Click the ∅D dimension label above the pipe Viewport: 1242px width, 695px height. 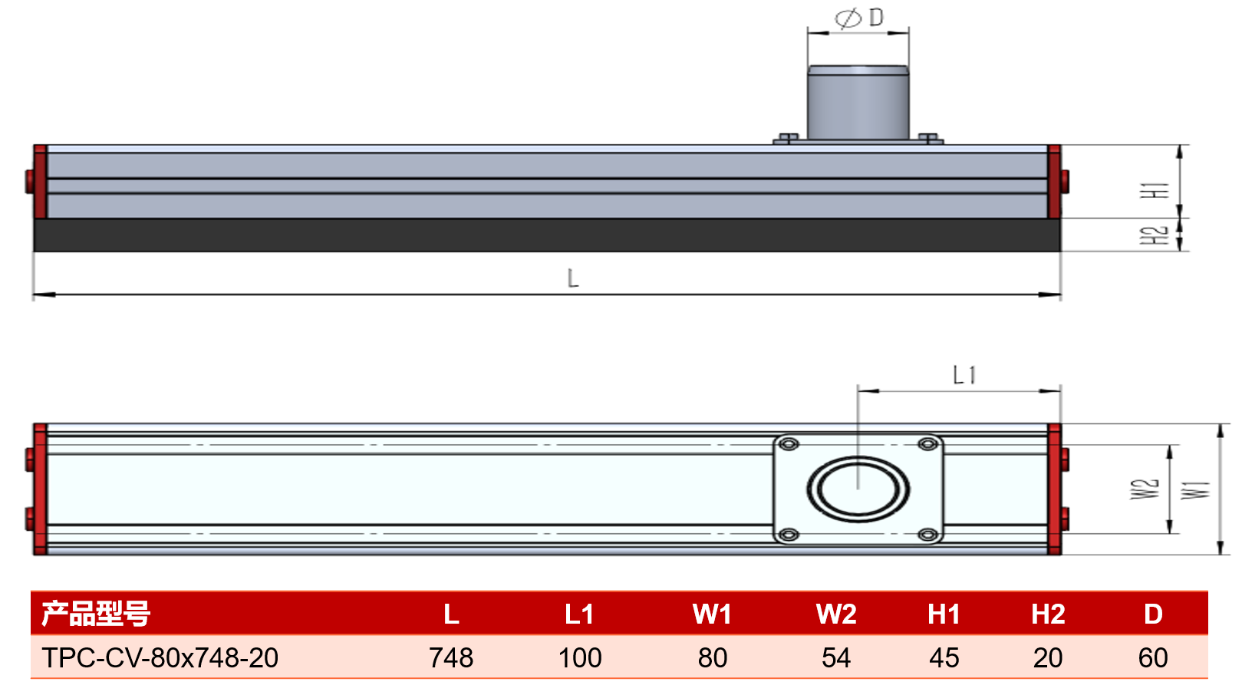[x=859, y=18]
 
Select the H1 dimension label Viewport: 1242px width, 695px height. [x=1155, y=190]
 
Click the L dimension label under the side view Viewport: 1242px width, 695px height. [x=573, y=278]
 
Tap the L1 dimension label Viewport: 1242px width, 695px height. [x=964, y=375]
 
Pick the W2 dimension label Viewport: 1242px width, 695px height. [x=1145, y=489]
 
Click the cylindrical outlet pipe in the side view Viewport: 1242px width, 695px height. [x=858, y=103]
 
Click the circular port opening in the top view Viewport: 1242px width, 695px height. [x=858, y=489]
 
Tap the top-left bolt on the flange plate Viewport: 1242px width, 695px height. [x=789, y=444]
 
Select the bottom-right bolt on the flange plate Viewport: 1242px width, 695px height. [x=927, y=535]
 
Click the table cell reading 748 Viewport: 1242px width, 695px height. [x=451, y=658]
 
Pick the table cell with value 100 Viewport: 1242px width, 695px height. [x=580, y=658]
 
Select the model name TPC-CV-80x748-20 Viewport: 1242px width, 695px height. [x=160, y=658]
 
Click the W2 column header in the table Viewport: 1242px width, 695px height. [x=836, y=614]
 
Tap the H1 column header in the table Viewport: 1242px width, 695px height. [x=944, y=614]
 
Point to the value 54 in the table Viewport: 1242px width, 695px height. [x=836, y=658]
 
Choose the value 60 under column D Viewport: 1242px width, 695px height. [x=1153, y=658]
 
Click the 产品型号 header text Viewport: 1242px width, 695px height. [x=96, y=614]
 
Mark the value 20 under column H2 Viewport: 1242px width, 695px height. [x=1048, y=658]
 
